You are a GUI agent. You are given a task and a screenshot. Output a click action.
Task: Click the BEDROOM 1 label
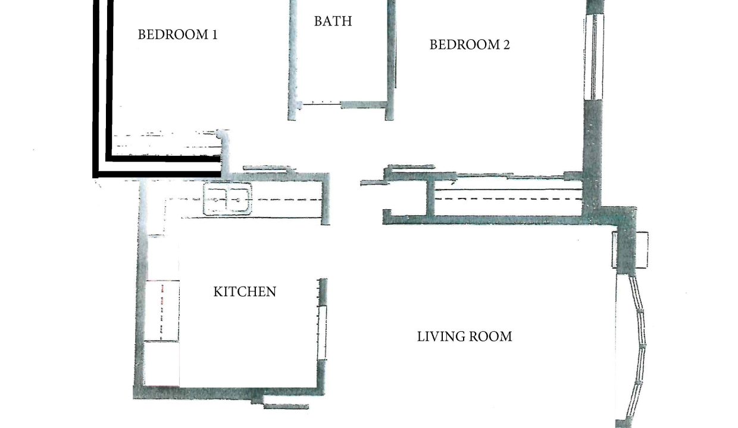[x=177, y=34]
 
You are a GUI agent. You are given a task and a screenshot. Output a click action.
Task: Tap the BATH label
[x=333, y=21]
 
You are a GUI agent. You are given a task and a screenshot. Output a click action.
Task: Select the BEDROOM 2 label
[x=470, y=45]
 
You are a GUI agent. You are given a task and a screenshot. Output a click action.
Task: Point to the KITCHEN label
[x=245, y=292]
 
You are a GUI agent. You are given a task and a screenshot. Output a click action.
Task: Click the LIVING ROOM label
[x=465, y=336]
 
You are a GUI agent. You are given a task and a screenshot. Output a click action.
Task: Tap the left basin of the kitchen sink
[x=215, y=199]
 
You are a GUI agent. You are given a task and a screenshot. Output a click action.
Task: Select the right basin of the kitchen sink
[x=238, y=199]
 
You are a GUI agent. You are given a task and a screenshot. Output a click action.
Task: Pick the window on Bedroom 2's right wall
[x=594, y=57]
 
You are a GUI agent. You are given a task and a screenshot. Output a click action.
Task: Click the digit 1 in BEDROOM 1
[x=214, y=34]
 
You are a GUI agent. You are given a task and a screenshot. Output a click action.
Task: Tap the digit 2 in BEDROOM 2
[x=506, y=45]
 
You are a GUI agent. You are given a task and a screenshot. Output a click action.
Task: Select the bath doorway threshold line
[x=321, y=104]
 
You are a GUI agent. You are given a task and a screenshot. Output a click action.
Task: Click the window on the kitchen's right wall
[x=322, y=333]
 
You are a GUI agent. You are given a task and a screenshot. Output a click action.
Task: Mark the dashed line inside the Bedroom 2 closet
[x=508, y=199]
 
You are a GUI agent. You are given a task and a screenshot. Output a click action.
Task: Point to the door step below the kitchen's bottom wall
[x=286, y=407]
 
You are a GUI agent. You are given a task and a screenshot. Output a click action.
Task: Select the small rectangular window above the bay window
[x=630, y=250]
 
